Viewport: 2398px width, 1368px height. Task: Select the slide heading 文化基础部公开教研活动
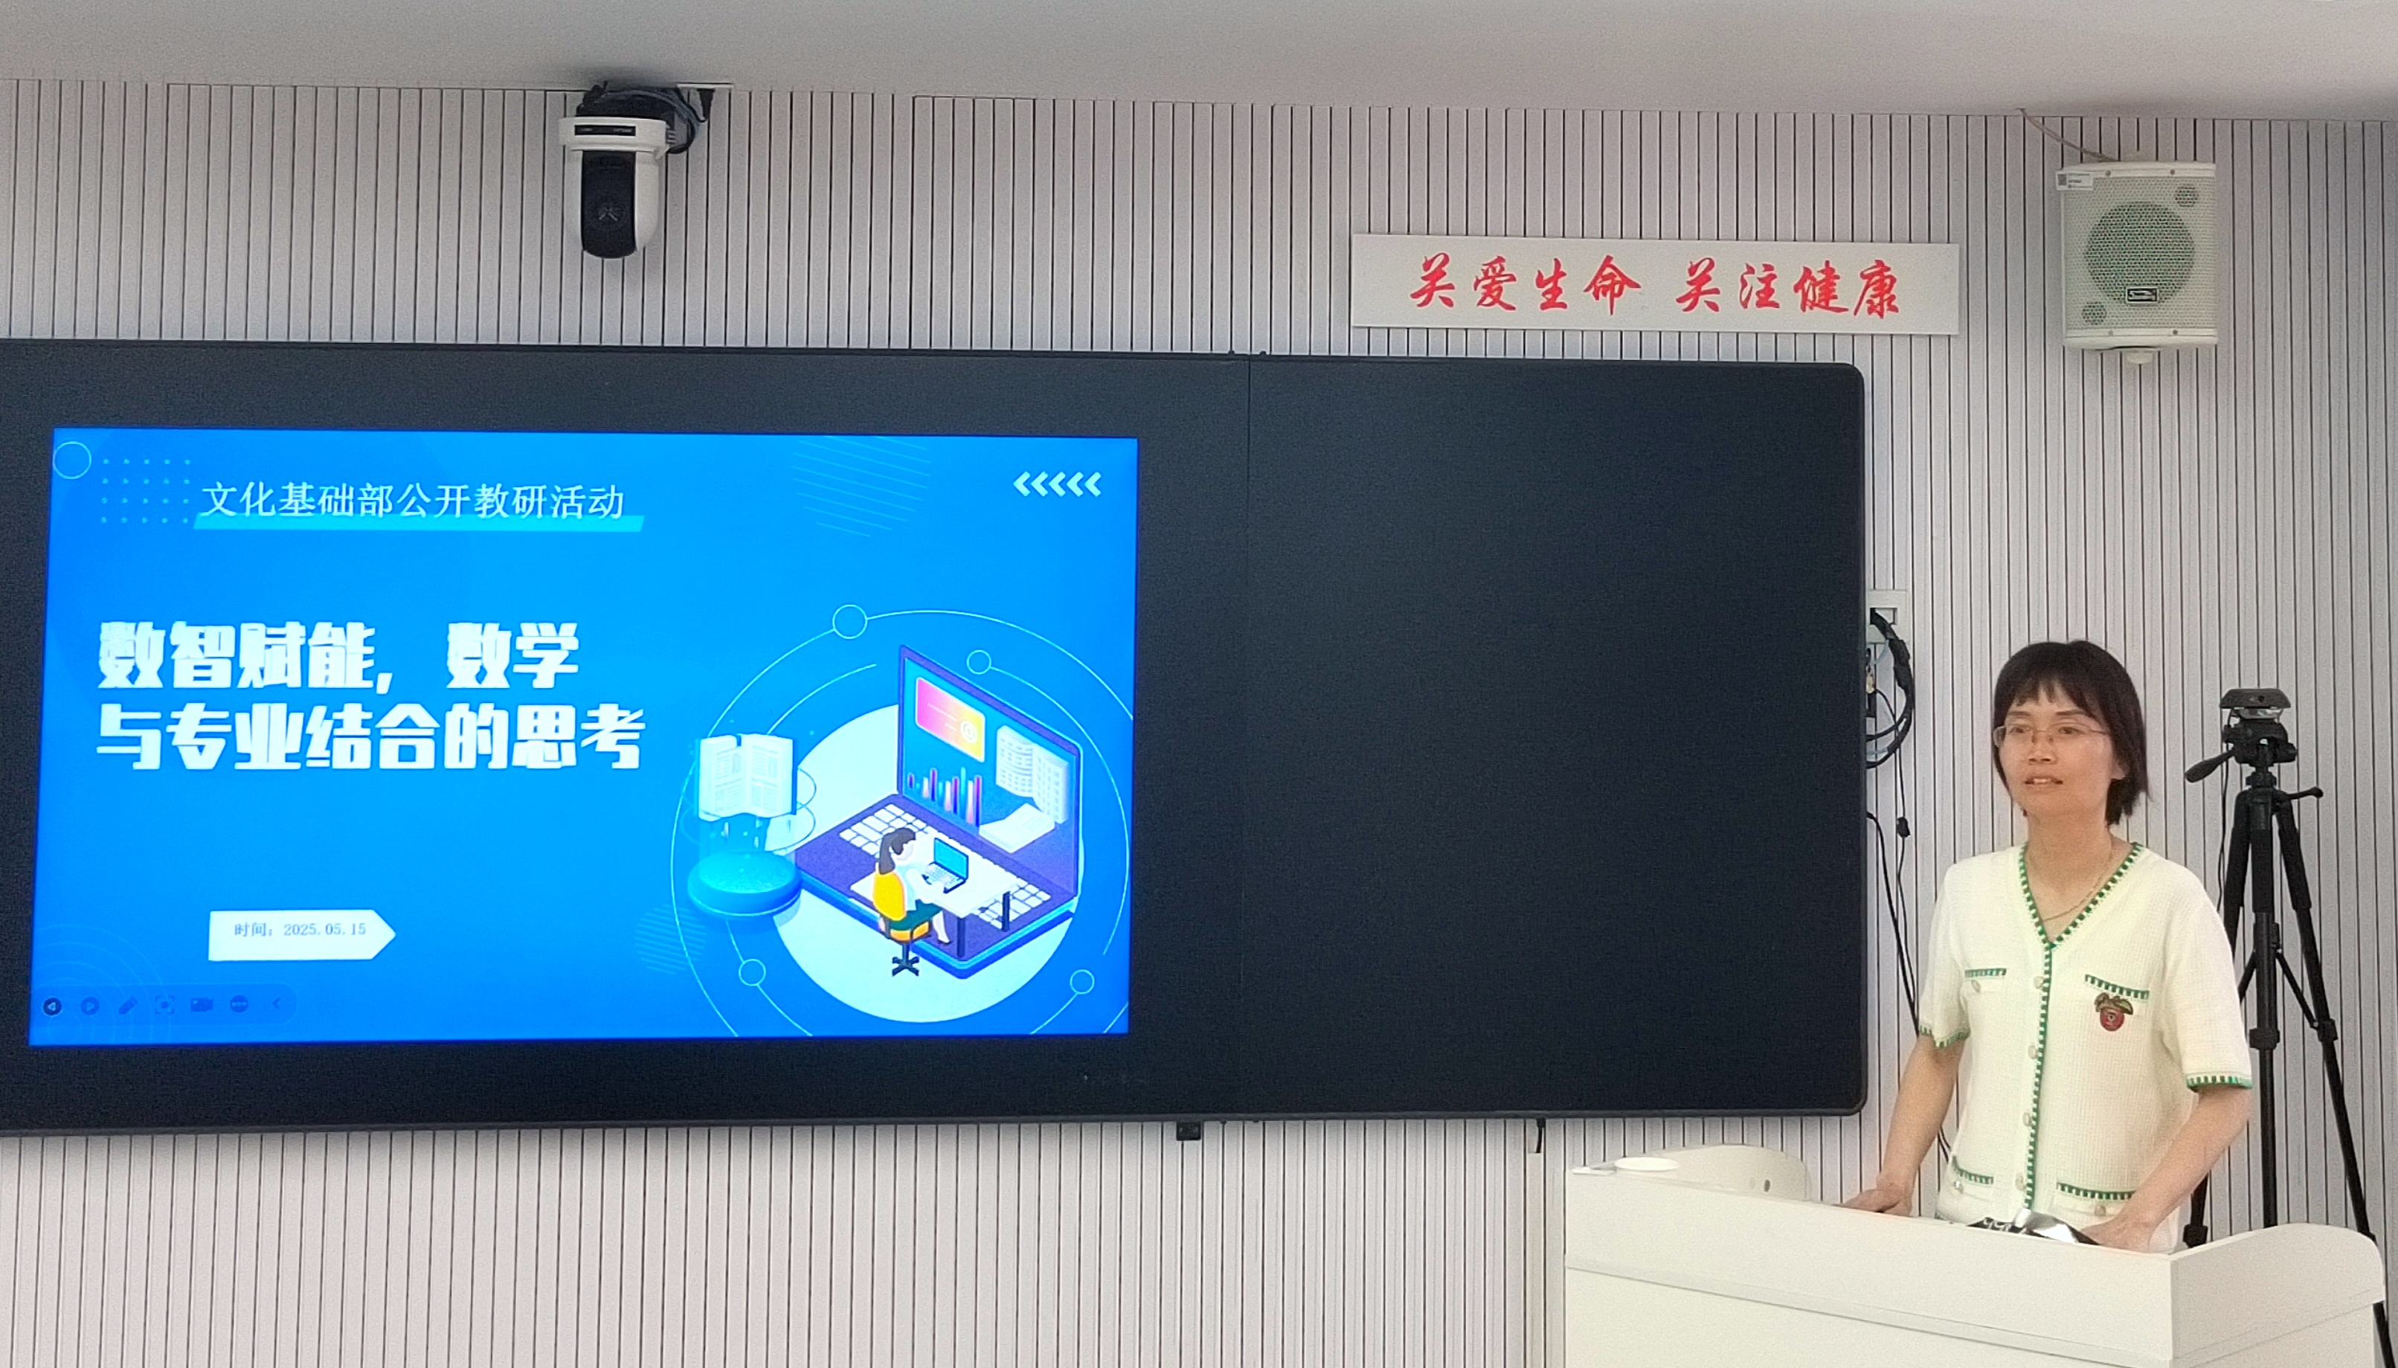414,501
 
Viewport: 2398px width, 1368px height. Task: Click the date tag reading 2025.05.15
300,930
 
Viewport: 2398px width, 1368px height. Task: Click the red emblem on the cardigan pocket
2113,1010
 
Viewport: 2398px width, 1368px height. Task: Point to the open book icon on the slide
746,776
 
